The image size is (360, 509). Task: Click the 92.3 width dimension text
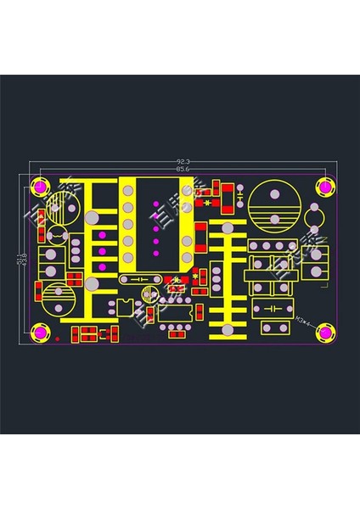coord(182,161)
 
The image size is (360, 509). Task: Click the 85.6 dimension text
coord(182,169)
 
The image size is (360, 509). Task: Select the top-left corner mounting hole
coord(39,187)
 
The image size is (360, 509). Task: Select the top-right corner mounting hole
coord(325,187)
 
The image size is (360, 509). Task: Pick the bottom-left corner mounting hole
coord(39,334)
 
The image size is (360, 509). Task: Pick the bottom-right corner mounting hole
coord(325,334)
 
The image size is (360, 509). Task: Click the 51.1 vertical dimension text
coord(20,259)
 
